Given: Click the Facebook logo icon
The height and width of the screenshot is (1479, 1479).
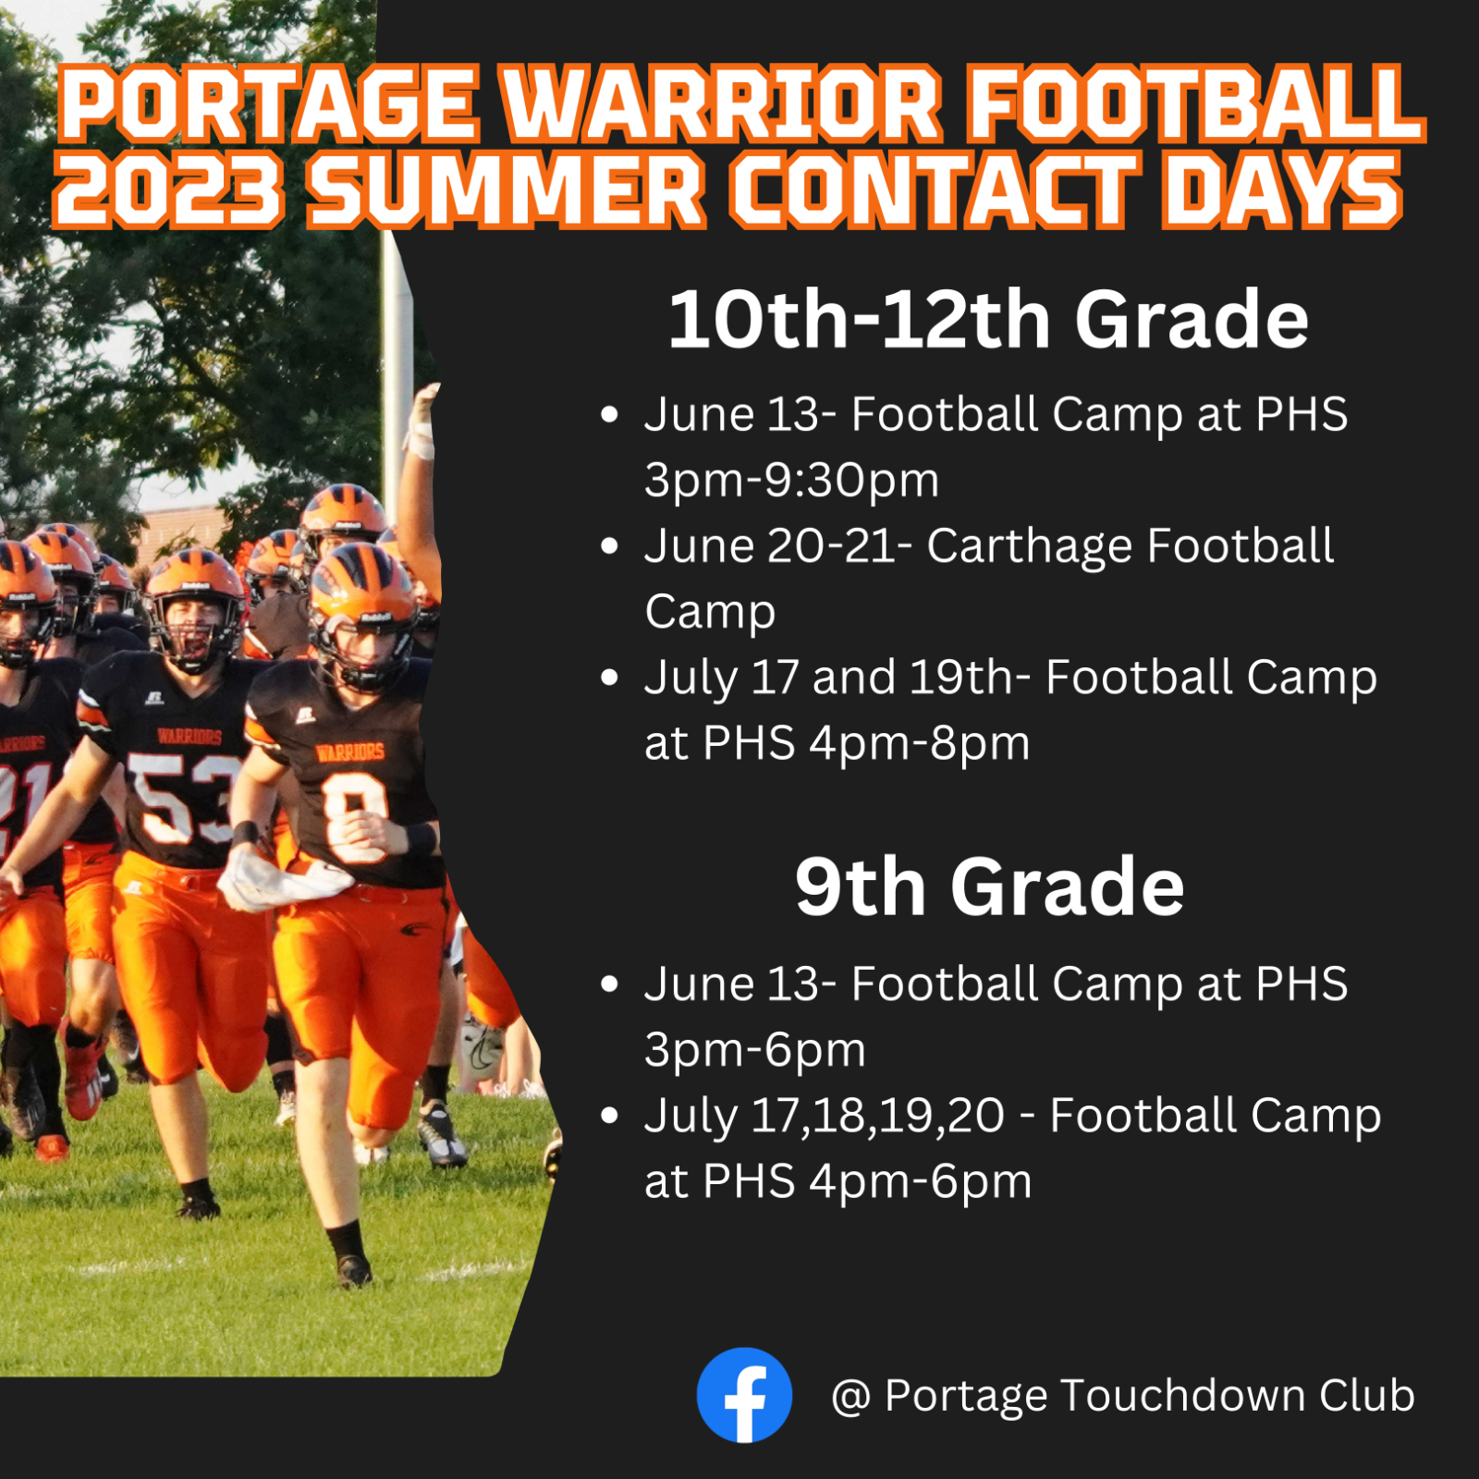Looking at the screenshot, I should click(744, 1395).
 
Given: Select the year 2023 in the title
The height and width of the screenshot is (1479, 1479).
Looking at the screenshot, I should click(167, 190).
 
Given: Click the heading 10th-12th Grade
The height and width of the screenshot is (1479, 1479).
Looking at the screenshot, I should click(987, 320).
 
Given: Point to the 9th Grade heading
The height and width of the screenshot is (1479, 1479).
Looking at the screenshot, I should click(989, 887).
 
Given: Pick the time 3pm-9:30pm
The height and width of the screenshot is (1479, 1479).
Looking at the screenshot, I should click(791, 480).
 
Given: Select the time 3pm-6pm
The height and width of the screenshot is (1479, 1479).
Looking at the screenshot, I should click(754, 1049).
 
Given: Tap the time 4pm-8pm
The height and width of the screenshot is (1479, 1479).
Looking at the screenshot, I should click(919, 743).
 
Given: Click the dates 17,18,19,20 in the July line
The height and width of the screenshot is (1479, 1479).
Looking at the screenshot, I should click(876, 1115).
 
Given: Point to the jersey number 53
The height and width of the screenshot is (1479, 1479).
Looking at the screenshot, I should click(180, 800).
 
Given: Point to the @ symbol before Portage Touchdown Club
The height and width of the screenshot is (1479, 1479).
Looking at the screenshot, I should click(850, 1397).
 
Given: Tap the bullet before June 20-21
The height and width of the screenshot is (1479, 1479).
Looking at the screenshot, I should click(608, 546).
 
